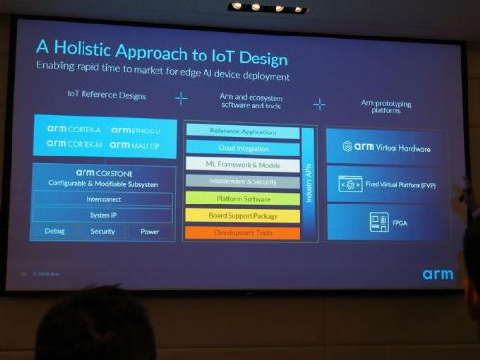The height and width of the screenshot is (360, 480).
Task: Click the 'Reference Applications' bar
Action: point(242,131)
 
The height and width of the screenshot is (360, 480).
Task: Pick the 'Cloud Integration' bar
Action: point(242,147)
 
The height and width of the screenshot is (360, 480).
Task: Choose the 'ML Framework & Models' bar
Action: point(242,164)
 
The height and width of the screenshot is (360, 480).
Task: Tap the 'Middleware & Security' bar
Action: point(242,180)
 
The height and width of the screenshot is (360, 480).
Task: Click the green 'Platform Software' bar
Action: point(242,198)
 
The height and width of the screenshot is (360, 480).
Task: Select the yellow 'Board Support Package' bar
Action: point(242,215)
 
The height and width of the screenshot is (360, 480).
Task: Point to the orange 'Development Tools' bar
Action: point(242,232)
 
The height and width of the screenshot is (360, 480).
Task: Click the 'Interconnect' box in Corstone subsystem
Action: point(103,199)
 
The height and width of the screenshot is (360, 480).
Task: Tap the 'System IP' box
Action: point(103,215)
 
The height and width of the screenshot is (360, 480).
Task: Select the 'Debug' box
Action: point(55,231)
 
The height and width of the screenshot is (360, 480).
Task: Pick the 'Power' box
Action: point(150,231)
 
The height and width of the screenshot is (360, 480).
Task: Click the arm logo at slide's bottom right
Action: point(438,274)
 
